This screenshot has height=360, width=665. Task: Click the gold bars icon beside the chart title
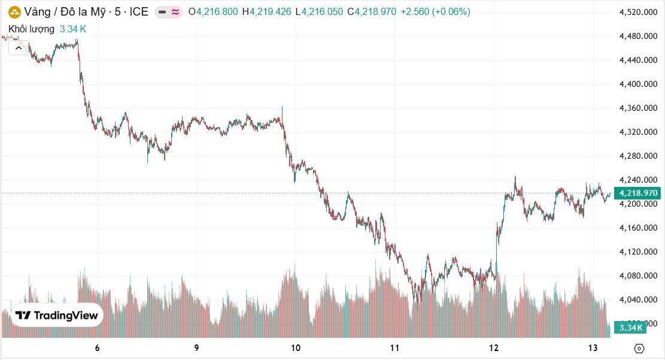14,12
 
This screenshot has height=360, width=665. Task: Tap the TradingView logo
57,315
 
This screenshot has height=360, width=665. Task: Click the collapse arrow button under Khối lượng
19,48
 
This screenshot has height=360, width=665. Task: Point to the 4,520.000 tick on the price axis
638,13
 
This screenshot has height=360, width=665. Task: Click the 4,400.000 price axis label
638,84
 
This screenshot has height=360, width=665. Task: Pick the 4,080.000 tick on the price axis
638,276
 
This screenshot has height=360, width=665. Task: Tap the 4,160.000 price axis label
638,228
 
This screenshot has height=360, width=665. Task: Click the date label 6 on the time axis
98,348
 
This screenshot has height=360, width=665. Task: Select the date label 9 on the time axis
196,348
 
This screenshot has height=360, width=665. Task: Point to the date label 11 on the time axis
395,348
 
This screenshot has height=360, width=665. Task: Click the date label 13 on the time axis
593,348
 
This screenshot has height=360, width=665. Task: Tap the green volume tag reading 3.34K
630,327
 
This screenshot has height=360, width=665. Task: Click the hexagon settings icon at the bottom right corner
639,349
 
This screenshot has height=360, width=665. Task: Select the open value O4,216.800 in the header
213,12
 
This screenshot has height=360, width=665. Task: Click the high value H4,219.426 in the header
267,12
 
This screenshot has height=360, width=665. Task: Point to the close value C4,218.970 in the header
372,12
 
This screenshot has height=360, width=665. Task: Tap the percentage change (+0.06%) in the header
451,12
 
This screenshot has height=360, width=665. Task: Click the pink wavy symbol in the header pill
175,13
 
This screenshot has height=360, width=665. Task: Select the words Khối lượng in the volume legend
31,29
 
